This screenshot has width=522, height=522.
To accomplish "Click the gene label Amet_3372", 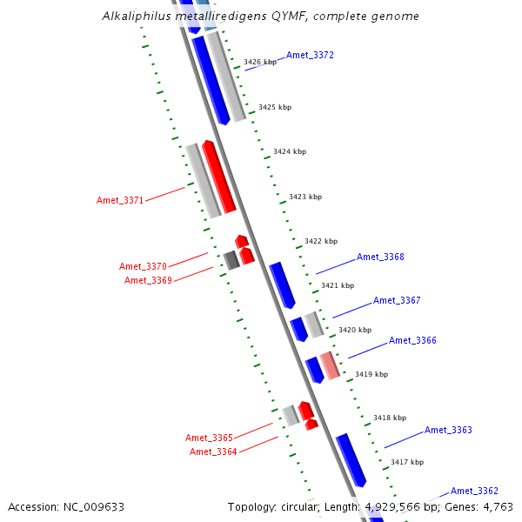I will point(310,56).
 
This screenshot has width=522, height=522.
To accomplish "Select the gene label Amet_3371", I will point(120,201).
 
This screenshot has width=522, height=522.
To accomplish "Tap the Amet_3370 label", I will point(143,266).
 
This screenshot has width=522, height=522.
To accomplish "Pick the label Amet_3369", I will point(148,280).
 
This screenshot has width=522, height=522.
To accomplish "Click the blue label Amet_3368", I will point(380,258).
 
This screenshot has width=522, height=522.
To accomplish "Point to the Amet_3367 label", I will point(397,301).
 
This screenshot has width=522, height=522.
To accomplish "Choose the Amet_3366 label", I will point(412,341).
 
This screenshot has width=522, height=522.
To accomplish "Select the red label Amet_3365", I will point(209,438).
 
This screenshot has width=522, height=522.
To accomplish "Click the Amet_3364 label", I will point(213,452).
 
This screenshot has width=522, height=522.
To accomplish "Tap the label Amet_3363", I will point(448,431).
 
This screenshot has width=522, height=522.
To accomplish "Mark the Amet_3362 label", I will point(474,492).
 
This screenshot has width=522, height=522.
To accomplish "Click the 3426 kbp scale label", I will point(260,63).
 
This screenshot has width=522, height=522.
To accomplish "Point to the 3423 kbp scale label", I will point(305,197).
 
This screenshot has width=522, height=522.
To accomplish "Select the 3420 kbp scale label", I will point(354,331).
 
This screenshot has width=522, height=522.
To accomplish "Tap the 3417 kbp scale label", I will point(406,463).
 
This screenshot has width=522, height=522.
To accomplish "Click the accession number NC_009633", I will point(94,506).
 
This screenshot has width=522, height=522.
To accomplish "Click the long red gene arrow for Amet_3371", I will point(219,177).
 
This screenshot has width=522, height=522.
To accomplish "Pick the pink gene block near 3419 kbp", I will point(330,365).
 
